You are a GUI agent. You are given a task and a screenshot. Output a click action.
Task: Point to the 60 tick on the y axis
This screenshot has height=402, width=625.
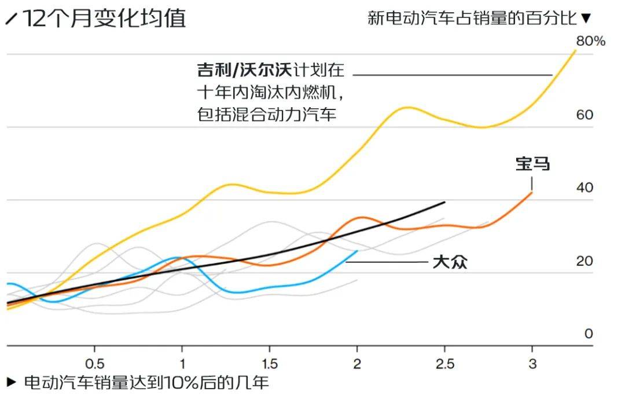(584, 115)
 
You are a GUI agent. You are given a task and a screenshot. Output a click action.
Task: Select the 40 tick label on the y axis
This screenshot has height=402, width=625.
(584, 188)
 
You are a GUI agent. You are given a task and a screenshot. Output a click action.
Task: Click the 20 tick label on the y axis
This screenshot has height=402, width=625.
(584, 261)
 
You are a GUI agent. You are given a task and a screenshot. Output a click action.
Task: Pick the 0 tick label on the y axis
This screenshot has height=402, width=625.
(589, 334)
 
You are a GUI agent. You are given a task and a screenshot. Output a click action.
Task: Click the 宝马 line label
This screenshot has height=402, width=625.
(532, 165)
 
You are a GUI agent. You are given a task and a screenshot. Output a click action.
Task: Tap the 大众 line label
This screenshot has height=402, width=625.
(450, 263)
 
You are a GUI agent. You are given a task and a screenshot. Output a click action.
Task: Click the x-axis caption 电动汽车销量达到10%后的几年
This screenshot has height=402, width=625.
(146, 383)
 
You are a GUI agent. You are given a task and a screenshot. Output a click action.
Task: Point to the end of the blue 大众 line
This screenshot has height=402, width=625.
(357, 251)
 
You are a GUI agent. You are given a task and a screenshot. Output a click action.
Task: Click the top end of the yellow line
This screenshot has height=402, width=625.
(576, 50)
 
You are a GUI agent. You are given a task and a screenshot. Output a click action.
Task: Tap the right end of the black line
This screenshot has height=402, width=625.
(444, 202)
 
